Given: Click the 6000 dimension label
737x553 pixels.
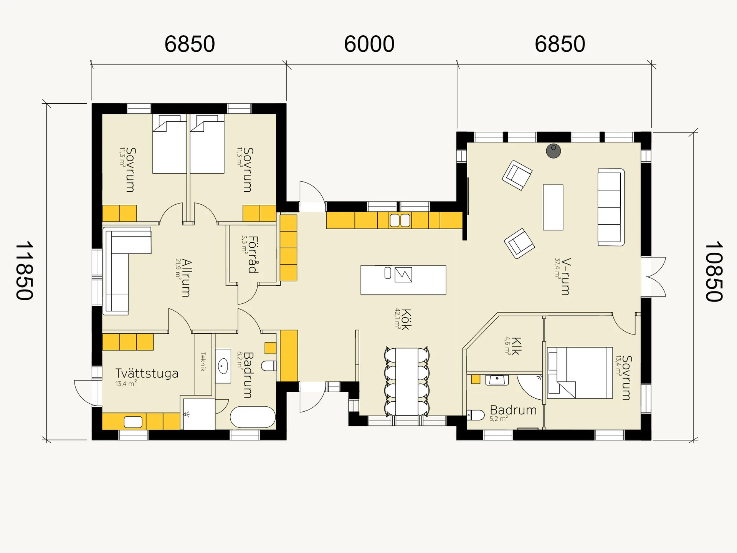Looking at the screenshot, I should click(x=369, y=44).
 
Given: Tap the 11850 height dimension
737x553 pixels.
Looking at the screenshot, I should click(x=25, y=271).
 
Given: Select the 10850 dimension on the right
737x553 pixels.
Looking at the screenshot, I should click(x=714, y=272).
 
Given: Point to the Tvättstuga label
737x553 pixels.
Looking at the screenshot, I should click(x=147, y=373).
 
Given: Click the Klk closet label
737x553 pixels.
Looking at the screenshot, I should click(x=516, y=346).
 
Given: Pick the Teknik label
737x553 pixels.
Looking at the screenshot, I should click(x=203, y=362).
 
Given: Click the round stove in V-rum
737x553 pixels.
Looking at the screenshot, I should click(x=553, y=151).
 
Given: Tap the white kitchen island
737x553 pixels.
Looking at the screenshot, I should click(x=403, y=280).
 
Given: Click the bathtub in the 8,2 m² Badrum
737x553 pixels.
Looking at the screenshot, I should click(x=253, y=417).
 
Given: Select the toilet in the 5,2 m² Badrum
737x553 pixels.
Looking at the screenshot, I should click(x=475, y=415).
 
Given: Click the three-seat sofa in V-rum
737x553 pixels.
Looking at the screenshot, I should click(x=610, y=207).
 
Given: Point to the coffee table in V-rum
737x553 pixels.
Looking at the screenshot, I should click(x=553, y=207).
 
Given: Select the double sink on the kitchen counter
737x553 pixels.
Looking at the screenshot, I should click(x=400, y=220).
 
